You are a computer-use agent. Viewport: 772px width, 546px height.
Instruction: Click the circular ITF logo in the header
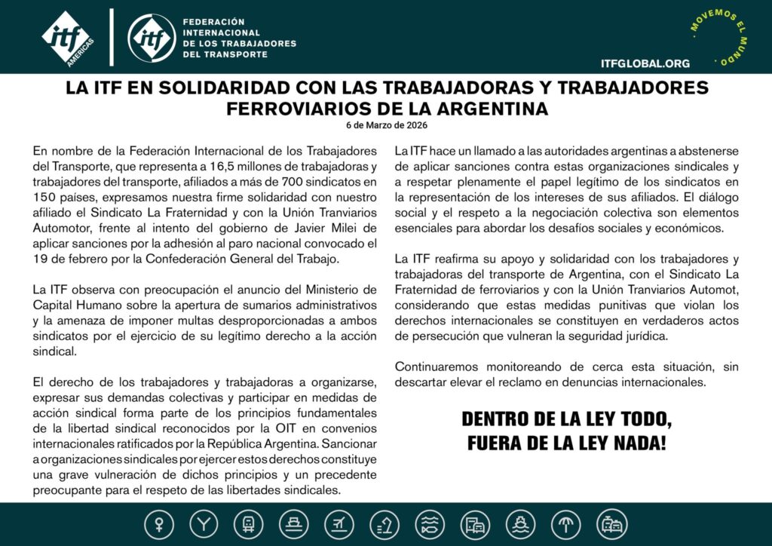coord(152,37)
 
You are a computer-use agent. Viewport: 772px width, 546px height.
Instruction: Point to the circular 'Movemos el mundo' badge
coord(720,35)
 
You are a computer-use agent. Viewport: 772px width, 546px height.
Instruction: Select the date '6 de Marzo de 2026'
coord(386,125)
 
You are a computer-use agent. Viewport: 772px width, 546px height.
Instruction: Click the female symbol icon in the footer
coord(159,524)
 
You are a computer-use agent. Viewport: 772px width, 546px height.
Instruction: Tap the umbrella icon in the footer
coord(566,524)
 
